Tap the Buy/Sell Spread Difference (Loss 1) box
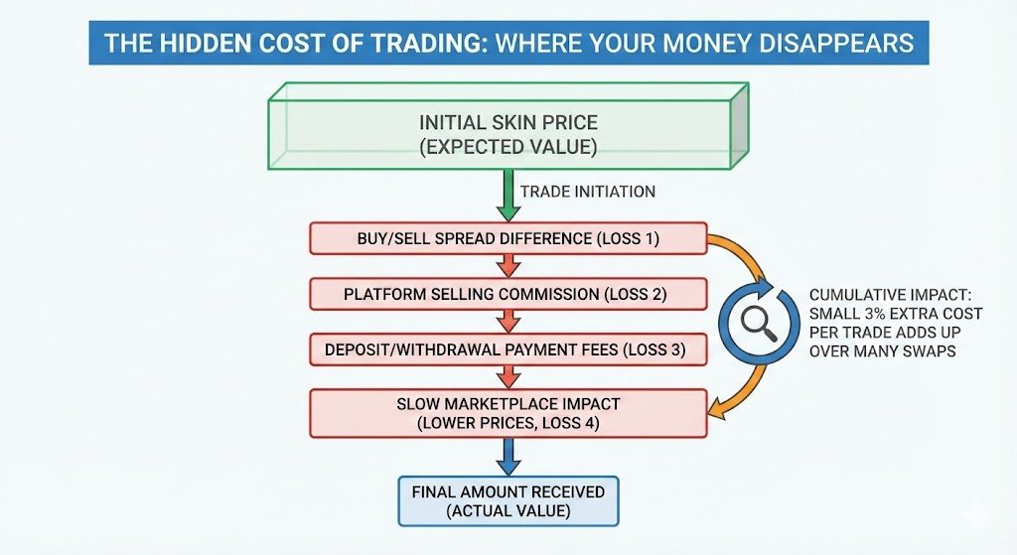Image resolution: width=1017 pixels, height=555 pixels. point(508,239)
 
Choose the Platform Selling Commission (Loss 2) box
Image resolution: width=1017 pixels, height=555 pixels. point(508,294)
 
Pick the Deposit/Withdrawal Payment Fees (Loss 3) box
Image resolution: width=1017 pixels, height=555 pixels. point(508,349)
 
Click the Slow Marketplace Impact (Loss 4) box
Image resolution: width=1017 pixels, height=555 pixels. point(508,413)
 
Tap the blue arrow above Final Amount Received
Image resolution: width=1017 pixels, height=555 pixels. point(508,457)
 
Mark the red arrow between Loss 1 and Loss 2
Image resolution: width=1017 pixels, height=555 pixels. point(508,266)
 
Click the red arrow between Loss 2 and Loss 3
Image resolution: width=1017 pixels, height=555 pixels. point(508,322)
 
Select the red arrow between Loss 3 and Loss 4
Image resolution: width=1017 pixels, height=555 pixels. point(508,377)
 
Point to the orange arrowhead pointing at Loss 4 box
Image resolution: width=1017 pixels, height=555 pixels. point(715,406)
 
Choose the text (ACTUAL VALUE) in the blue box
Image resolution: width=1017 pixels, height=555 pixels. point(508,510)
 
